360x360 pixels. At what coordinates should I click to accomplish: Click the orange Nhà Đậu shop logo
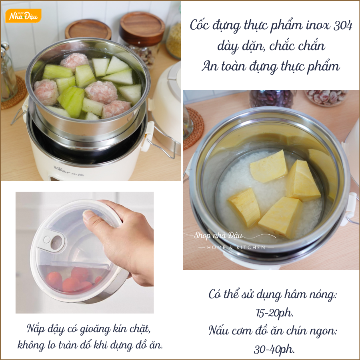coord(23,16)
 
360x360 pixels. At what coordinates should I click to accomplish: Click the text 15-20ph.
coord(274,313)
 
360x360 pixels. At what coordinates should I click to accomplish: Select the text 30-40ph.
coord(274,349)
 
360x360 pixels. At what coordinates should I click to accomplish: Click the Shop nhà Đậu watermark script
coord(218,235)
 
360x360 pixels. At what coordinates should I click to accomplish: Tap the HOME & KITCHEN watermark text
coord(236,248)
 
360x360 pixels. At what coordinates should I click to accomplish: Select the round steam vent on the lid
coord(56,242)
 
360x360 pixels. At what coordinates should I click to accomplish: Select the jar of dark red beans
coord(272,99)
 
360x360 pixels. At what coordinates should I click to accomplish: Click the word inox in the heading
coord(318,25)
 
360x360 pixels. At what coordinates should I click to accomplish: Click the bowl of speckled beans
coord(327,97)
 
